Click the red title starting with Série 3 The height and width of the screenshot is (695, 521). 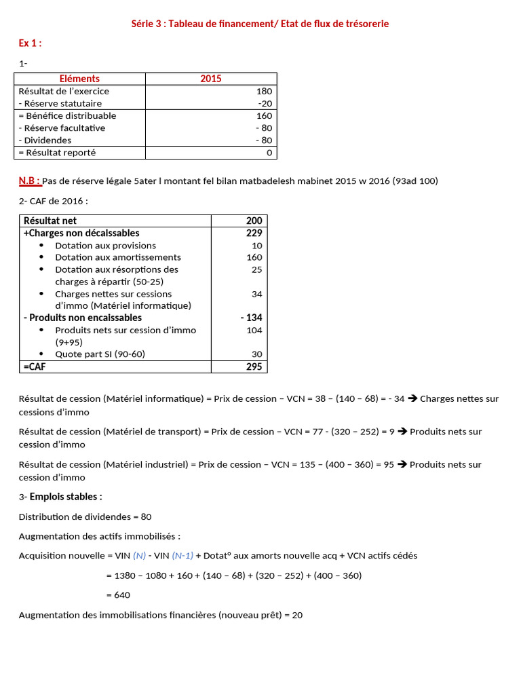coord(260,24)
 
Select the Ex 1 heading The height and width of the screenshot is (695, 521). coord(30,43)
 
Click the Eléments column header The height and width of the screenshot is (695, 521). coord(79,79)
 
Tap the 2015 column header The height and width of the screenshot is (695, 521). coord(210,79)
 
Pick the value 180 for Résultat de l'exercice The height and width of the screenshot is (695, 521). coord(264,91)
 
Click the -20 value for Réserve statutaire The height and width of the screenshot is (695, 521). coord(265,103)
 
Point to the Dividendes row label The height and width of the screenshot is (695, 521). coord(45,140)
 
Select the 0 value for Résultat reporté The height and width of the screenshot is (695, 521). coord(269,153)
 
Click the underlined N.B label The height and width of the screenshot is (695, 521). coord(29,181)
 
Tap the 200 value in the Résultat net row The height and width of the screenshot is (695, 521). coord(253,221)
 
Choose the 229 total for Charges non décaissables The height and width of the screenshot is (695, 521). coord(253,233)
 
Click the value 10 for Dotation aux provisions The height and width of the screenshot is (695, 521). coord(256,246)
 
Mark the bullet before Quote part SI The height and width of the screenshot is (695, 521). coord(41,354)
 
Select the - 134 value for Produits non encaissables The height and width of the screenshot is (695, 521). coord(251,318)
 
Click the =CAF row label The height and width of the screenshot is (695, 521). coord(35,367)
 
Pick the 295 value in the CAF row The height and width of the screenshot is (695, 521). coord(253,367)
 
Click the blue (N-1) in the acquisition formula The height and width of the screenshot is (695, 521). coord(182,555)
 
